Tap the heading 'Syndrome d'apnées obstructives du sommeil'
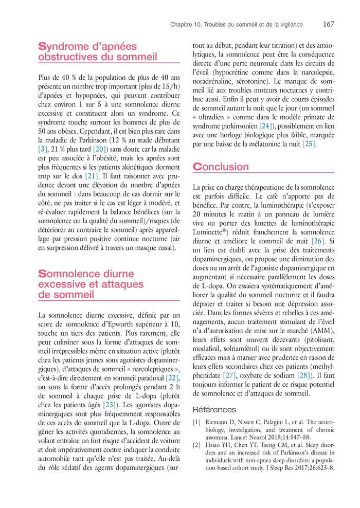point(98,51)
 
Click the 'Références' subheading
point(214,410)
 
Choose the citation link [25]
point(309,144)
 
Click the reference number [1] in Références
point(196,423)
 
